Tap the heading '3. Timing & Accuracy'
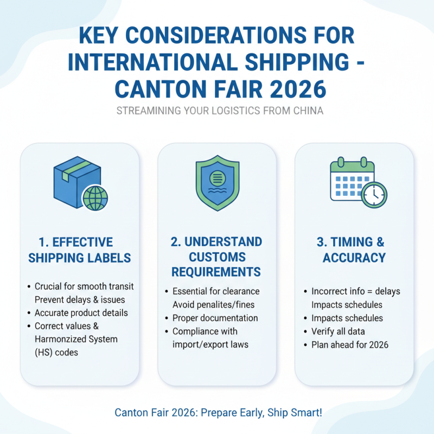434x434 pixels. (x=354, y=250)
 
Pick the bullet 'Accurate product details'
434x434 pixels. (x=81, y=312)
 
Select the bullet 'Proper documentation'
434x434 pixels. (x=215, y=318)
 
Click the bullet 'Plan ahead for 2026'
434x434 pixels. (x=350, y=345)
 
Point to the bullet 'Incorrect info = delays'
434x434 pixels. (x=355, y=291)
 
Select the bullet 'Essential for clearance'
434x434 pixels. (x=216, y=291)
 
